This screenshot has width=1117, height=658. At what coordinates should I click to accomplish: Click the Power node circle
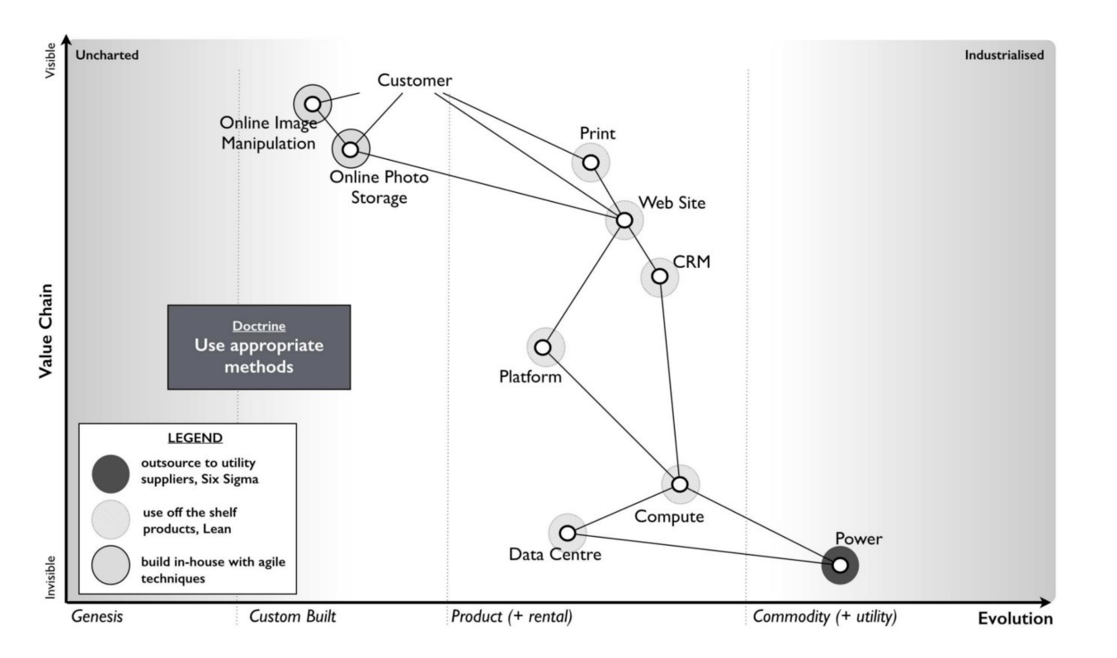[x=841, y=566]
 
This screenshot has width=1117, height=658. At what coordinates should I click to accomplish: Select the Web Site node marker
[x=624, y=220]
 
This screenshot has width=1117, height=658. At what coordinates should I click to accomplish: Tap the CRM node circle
[x=660, y=276]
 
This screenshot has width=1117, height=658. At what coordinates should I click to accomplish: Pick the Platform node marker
[x=543, y=347]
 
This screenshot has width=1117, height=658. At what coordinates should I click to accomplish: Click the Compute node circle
[x=680, y=484]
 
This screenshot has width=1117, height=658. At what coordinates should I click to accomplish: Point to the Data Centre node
[x=568, y=533]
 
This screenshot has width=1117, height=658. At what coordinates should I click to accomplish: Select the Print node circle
[x=591, y=162]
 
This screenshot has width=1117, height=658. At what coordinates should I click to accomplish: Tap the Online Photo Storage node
[x=351, y=149]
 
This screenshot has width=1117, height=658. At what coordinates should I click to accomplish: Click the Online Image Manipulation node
[x=313, y=104]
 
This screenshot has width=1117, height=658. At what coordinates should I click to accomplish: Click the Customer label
[x=414, y=80]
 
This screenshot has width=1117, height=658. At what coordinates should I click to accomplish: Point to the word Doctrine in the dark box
[x=259, y=326]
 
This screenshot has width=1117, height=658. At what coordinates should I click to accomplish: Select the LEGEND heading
[x=195, y=438]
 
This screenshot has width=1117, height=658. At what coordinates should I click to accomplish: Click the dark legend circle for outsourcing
[x=111, y=473]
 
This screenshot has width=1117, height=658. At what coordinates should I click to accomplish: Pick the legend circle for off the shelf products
[x=111, y=520]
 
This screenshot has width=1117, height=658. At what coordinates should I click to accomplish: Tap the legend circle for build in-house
[x=111, y=565]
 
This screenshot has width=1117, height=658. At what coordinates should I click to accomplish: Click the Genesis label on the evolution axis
[x=97, y=617]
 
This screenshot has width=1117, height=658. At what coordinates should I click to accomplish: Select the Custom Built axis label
[x=292, y=617]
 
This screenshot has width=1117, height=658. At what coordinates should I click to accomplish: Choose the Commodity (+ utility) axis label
[x=825, y=617]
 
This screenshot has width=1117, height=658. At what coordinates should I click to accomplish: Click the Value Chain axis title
[x=46, y=331]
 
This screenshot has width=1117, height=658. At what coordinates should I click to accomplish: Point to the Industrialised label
[x=1004, y=54]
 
